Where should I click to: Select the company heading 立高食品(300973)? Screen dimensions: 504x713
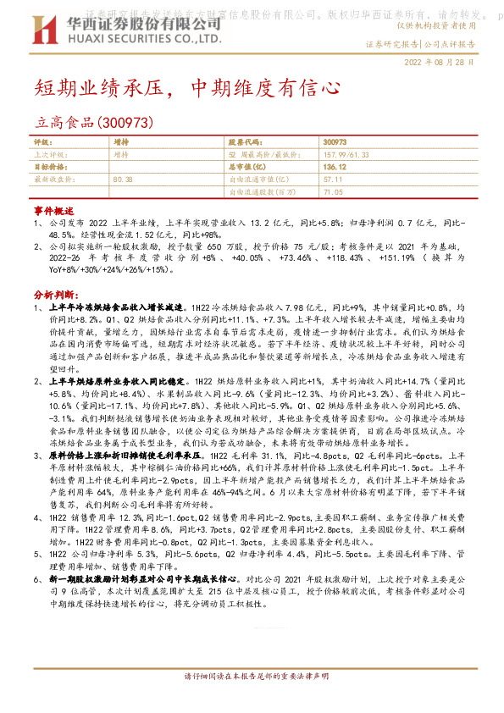(93, 124)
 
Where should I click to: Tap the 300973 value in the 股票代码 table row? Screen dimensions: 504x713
(335, 142)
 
